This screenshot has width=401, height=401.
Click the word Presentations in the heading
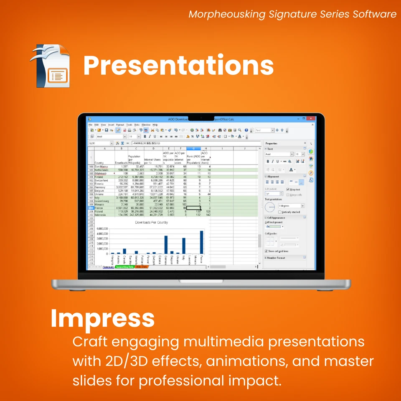(x=178, y=66)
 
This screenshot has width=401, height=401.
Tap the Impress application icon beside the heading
(x=50, y=66)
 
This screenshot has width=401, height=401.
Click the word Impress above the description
(x=102, y=318)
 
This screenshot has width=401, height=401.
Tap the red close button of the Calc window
(x=310, y=119)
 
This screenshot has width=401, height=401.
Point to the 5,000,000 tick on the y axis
(x=103, y=229)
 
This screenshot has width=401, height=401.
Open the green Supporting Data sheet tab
(x=124, y=266)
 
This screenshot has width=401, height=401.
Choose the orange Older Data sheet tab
(x=141, y=266)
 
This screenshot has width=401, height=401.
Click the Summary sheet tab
(x=108, y=266)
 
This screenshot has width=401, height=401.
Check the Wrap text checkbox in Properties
(x=288, y=190)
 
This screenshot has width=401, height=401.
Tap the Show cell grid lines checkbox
(x=266, y=251)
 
